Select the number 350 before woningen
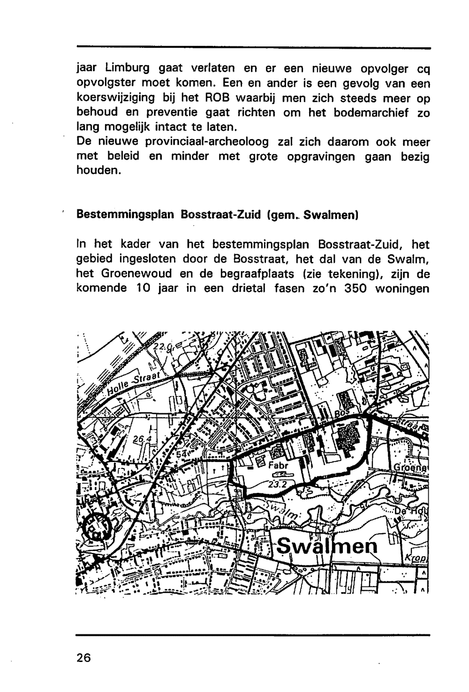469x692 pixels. pyautogui.click(x=358, y=288)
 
